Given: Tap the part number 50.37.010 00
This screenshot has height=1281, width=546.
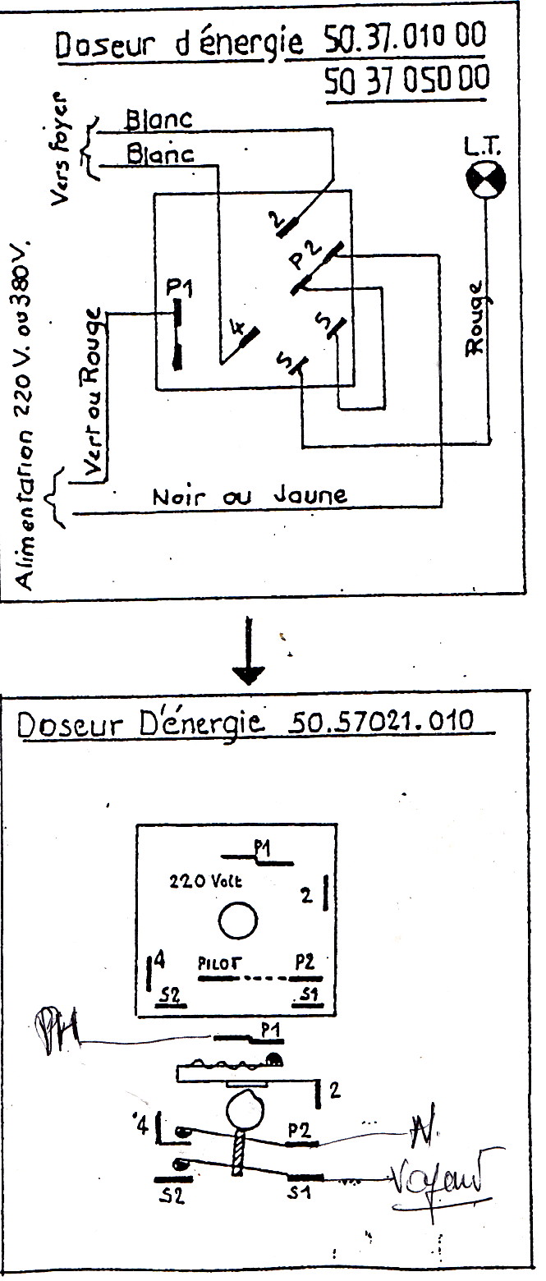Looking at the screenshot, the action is [404, 38].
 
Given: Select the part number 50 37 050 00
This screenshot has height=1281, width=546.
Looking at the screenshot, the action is [406, 80].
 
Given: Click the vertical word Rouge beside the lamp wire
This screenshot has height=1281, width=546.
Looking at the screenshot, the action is [476, 318].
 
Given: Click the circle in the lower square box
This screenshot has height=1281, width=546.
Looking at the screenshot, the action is [238, 920].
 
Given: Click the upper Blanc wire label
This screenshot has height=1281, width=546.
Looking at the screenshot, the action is [158, 120].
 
